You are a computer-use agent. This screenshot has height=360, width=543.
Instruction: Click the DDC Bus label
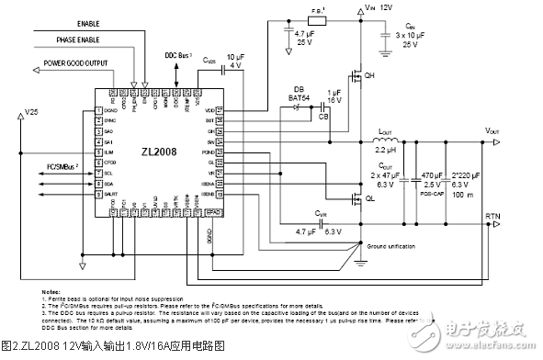pos(178,57)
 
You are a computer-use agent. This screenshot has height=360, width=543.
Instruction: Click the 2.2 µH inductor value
pos(387,149)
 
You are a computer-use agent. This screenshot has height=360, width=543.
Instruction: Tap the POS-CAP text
pos(432,195)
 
